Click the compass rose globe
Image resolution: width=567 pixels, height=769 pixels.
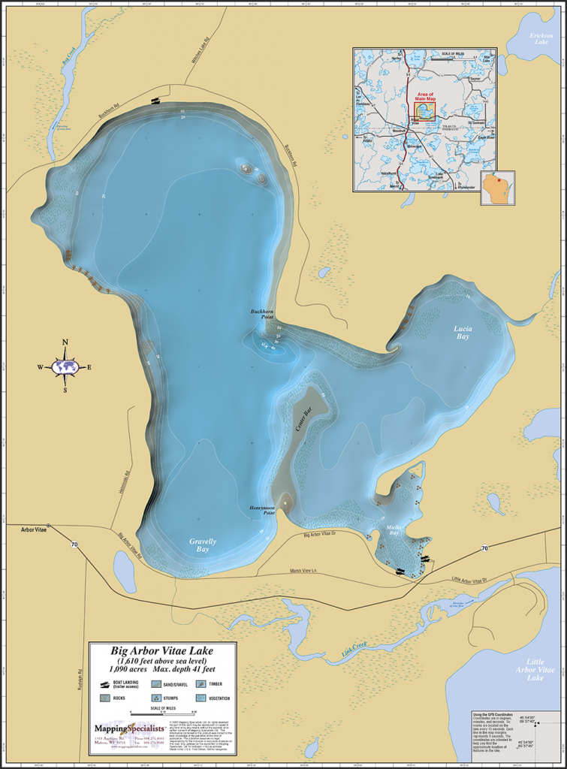click(65, 367)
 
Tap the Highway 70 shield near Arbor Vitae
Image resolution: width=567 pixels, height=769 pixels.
click(74, 546)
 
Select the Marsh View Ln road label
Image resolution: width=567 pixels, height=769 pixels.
click(303, 571)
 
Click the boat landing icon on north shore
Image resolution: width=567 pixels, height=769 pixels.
click(155, 100)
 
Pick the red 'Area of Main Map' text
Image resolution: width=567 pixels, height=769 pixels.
click(425, 96)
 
